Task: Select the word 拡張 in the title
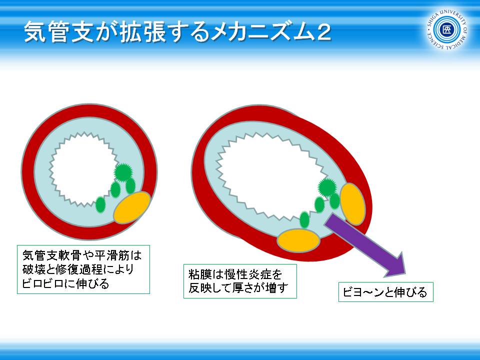(141, 32)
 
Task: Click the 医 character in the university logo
(446, 29)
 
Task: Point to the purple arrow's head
(394, 265)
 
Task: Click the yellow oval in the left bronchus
(132, 207)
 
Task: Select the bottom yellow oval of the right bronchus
(298, 240)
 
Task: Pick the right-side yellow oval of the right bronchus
(352, 204)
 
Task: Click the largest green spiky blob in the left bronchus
(123, 172)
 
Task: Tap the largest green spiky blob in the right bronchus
(327, 187)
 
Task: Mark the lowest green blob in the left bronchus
(100, 205)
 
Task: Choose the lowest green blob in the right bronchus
(304, 219)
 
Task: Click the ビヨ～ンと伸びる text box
(385, 292)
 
